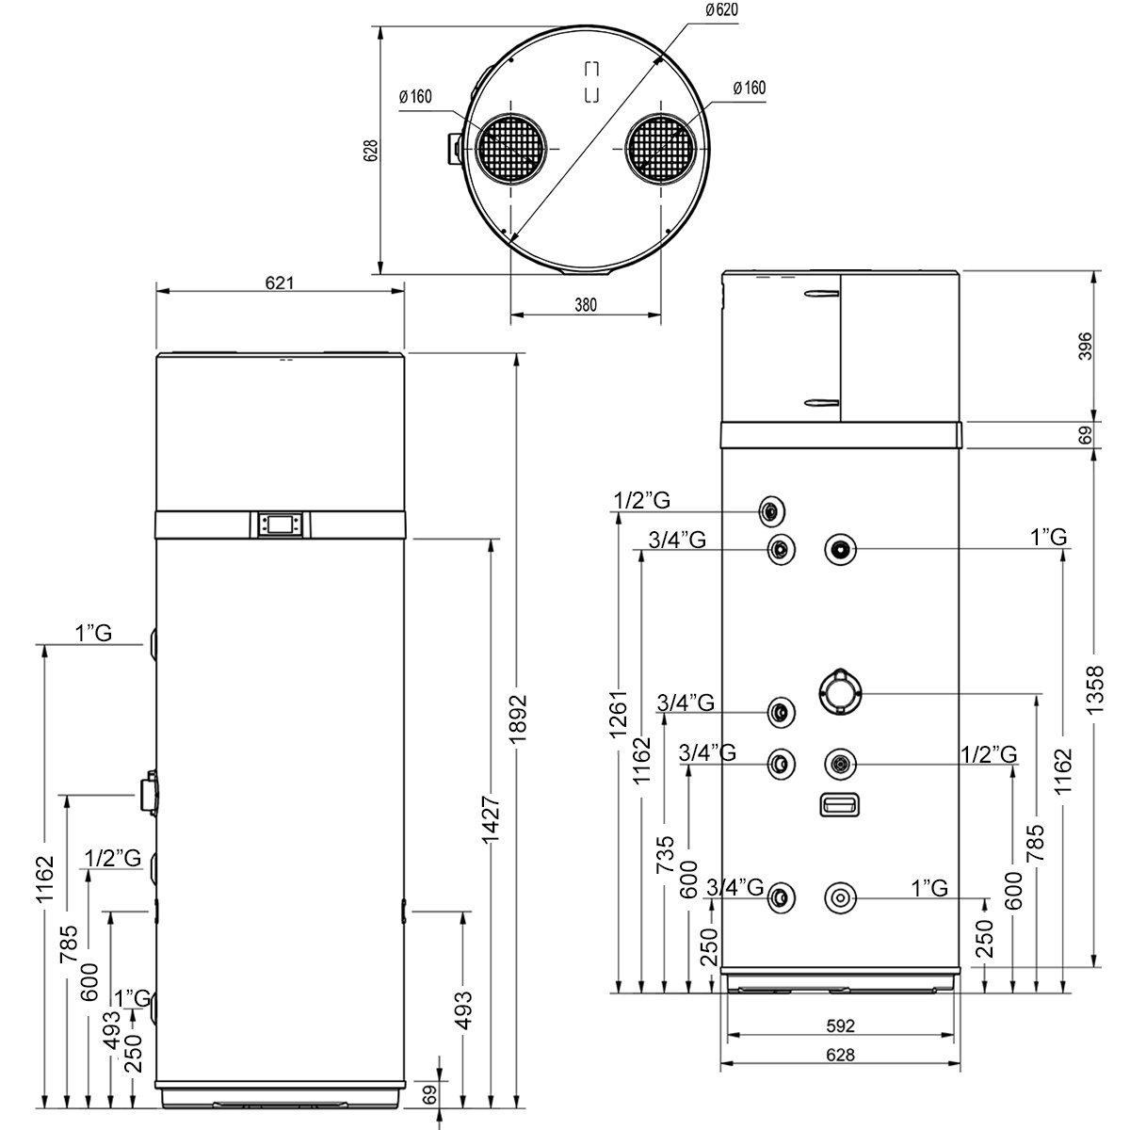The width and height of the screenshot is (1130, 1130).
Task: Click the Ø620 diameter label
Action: pos(721,10)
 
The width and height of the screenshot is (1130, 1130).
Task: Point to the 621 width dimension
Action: pos(279,282)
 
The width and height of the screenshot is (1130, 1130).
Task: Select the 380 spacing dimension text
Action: pos(585,305)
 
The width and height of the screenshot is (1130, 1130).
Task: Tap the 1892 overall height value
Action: pos(518,718)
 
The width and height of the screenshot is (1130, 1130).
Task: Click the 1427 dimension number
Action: pos(491,820)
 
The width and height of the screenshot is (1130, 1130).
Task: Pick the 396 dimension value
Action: pos(1086,346)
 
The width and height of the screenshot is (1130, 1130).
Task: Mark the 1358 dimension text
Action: pos(1094,689)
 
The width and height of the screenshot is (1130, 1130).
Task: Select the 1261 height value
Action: pos(618,714)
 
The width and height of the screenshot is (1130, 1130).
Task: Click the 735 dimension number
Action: pos(666,854)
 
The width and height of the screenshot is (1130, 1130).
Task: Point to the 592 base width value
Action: pos(840,1025)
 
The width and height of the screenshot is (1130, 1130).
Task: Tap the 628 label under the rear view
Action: pos(840,1055)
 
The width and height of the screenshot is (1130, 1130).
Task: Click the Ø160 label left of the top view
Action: pos(415,97)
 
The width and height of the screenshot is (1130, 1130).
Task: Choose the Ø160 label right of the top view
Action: pos(750,88)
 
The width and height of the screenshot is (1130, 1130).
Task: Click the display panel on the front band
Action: pos(281,525)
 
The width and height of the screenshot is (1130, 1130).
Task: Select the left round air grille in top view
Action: pos(510,149)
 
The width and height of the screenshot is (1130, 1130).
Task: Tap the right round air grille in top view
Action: pos(661,149)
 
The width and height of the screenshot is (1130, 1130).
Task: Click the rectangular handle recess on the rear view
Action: pos(840,804)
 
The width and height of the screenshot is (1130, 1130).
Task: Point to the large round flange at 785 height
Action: pos(840,693)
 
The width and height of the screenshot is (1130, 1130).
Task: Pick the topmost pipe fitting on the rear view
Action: pos(772,511)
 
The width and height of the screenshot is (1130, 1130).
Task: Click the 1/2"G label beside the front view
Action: pos(113,858)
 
